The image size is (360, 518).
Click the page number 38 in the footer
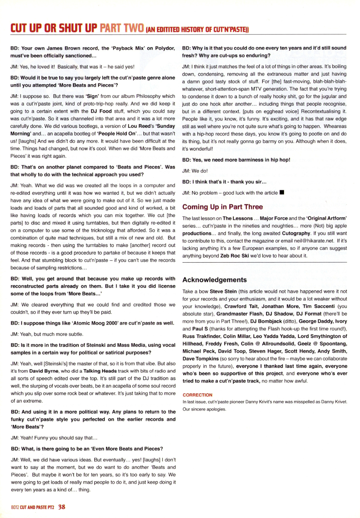tap(62, 507)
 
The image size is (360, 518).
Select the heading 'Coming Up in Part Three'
tap(222, 207)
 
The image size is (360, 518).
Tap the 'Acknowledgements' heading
tap(215, 280)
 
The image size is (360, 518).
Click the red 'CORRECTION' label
tap(197, 395)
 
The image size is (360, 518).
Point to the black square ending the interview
tap(282, 192)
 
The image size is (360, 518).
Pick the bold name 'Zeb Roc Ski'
tap(234, 256)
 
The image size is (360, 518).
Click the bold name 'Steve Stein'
tap(223, 291)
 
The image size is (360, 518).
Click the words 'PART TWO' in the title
tap(122, 28)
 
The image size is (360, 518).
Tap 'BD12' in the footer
tap(15, 507)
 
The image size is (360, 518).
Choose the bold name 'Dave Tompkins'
tap(201, 359)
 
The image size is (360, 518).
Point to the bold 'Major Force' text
tap(274, 218)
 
